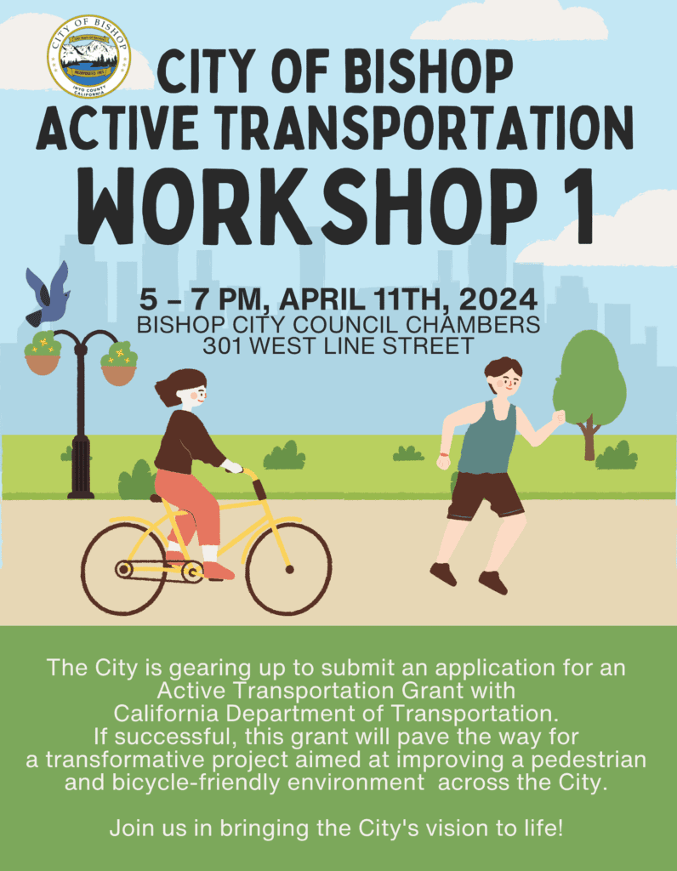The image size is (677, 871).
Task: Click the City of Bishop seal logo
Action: [x=88, y=57]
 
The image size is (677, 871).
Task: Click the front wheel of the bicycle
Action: [x=288, y=568]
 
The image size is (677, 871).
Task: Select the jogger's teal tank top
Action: [x=487, y=439]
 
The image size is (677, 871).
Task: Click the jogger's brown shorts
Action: [x=485, y=494]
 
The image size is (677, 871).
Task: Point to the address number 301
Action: [x=223, y=346]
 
